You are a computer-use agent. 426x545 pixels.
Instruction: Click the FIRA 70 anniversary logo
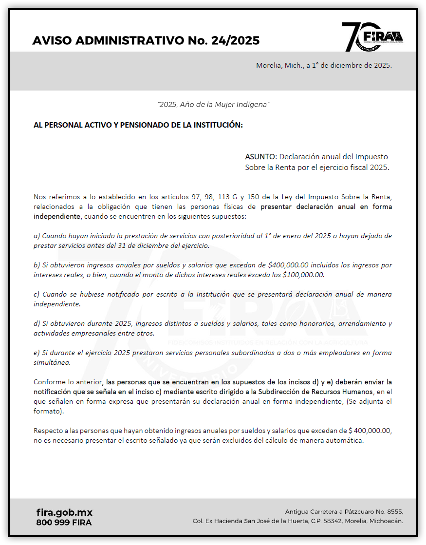[372, 37]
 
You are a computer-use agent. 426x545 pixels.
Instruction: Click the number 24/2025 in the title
[235, 40]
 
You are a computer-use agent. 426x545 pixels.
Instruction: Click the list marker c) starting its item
[37, 295]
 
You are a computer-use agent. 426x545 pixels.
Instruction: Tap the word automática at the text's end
[347, 441]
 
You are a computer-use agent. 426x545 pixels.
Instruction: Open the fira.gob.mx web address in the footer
[64, 512]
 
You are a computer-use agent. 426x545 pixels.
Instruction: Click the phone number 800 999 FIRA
[64, 522]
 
